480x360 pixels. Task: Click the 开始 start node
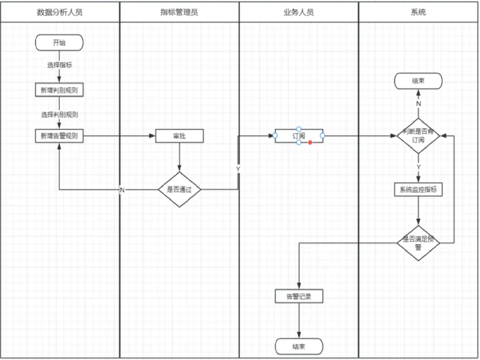[x=59, y=43]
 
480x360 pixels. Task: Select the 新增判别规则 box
[x=59, y=90]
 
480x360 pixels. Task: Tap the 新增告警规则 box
[x=59, y=136]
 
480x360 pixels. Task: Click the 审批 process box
[x=179, y=136]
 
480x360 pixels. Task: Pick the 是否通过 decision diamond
[x=179, y=189]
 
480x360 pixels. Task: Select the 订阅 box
[x=299, y=136]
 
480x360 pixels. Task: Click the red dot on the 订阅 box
[x=310, y=142]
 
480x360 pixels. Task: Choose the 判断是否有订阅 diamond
[x=418, y=136]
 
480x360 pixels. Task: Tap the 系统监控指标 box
[x=418, y=189]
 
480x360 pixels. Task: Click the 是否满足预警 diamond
[x=418, y=243]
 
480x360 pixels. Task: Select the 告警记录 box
[x=299, y=296]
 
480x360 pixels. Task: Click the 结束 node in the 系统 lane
[x=418, y=81]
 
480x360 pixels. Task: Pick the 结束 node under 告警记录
[x=299, y=347]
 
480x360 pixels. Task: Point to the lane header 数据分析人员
[x=60, y=12]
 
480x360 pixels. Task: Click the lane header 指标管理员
[x=179, y=12]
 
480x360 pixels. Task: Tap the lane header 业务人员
[x=299, y=12]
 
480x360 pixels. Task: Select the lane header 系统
[x=418, y=12]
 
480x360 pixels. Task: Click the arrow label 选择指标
[x=59, y=65]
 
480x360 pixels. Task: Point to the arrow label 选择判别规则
[x=59, y=114]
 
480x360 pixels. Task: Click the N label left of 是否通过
[x=122, y=190]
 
